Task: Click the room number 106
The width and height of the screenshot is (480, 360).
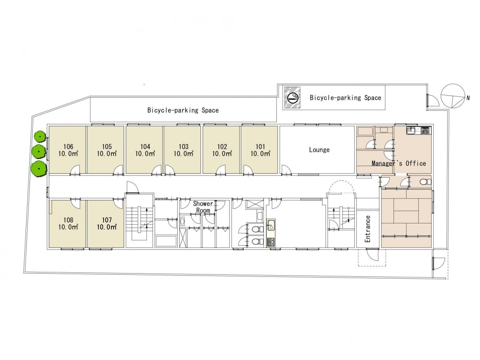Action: click(68, 146)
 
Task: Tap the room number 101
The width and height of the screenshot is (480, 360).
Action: click(260, 146)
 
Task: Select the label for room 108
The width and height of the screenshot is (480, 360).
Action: click(68, 220)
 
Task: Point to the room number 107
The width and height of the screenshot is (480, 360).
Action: click(107, 220)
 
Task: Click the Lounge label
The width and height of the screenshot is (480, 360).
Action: click(319, 150)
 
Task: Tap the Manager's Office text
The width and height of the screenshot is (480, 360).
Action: click(399, 163)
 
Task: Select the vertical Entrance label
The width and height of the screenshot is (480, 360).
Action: click(368, 229)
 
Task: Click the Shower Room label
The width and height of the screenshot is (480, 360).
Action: click(203, 207)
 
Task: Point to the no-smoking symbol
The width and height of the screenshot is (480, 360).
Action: click(292, 98)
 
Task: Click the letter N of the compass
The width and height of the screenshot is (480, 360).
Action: click(468, 98)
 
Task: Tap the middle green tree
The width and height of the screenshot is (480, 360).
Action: click(39, 151)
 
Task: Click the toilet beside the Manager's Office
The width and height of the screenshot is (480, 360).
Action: click(425, 182)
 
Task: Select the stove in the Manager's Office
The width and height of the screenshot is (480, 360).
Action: click(426, 130)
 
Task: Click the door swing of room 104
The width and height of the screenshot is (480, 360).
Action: click(156, 170)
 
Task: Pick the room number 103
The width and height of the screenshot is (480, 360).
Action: click(184, 146)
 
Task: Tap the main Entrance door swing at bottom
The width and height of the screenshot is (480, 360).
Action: click(372, 255)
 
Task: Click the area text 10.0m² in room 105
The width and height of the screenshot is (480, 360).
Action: click(107, 154)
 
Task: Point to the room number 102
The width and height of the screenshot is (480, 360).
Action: click(222, 146)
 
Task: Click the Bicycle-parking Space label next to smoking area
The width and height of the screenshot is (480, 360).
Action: click(345, 98)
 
